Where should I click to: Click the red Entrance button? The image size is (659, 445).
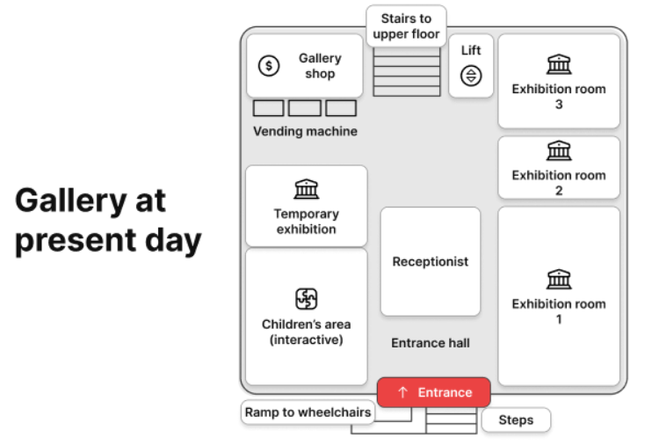coord(434,392)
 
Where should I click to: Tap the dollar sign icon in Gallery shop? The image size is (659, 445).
coord(269,66)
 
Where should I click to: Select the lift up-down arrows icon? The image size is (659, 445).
coord(471,76)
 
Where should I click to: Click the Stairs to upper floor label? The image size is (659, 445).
coord(406,26)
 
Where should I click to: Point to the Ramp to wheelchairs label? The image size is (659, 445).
coord(308,412)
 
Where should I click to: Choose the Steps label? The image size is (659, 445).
coord(516,419)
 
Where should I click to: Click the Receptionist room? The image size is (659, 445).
coord(431,261)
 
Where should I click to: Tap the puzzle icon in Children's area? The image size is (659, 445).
coord(307,299)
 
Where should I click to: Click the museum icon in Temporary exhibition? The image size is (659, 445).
coord(307,189)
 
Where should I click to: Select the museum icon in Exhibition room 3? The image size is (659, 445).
coord(559,64)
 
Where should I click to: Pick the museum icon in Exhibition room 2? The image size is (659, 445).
coord(559,150)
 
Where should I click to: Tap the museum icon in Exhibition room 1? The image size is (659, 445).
coord(559,279)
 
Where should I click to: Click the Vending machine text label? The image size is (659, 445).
coord(305,131)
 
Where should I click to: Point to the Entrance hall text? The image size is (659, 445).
coord(431,343)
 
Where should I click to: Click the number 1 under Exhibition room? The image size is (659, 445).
coord(559,319)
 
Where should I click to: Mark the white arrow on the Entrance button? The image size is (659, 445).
coord(402,392)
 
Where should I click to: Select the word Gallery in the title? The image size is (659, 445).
coord(71,202)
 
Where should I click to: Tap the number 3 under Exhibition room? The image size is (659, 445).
coord(559,105)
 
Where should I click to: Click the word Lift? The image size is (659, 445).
coord(471,50)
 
